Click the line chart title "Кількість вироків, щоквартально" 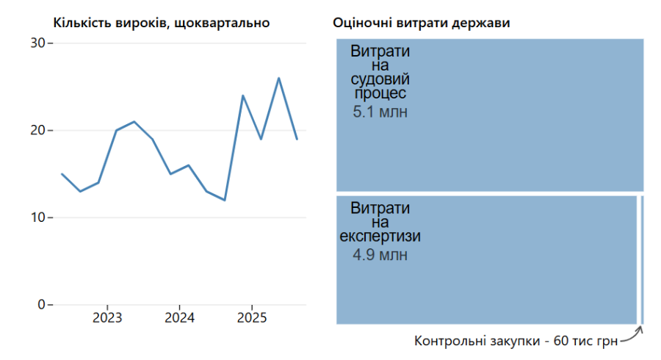coord(161,23)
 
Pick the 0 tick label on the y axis coord(42,305)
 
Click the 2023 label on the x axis coord(107,318)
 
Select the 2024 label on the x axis coord(179,318)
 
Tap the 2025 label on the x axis coord(252,318)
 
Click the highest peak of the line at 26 coord(279,78)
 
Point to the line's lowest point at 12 coord(225,200)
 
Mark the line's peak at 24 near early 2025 coord(243,96)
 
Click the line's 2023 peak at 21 coord(134,121)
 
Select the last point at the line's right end coord(297,139)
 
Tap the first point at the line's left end coord(62,174)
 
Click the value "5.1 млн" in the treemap coord(380,112)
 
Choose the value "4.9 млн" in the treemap coord(380,255)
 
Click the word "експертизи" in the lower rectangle coord(380,237)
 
